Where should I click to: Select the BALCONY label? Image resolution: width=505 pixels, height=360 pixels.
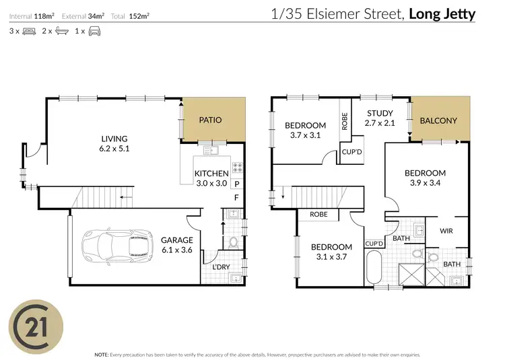pyautogui.click(x=438, y=121)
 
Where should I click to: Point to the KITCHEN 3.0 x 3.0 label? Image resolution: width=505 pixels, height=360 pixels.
pyautogui.click(x=211, y=178)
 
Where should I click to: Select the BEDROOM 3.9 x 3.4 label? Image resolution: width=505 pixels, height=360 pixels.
pyautogui.click(x=428, y=178)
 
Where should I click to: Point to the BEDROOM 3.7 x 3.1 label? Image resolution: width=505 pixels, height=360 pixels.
pyautogui.click(x=305, y=130)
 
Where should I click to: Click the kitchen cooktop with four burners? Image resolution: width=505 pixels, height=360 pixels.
pyautogui.click(x=238, y=166)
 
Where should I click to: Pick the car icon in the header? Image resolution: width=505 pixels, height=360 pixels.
pyautogui.click(x=94, y=31)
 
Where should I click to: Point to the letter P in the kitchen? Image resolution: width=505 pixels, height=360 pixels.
pyautogui.click(x=236, y=183)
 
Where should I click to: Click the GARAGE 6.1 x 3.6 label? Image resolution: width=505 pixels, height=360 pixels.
pyautogui.click(x=177, y=245)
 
